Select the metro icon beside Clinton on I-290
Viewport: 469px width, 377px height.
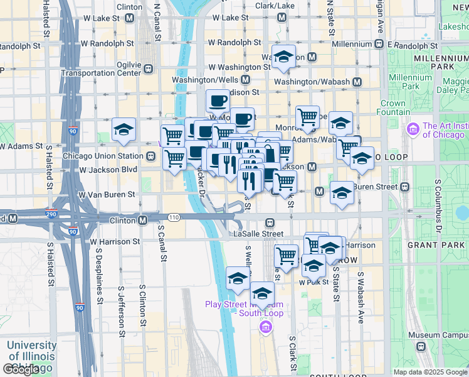pos(143,221)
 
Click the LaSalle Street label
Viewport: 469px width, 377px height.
pos(258,233)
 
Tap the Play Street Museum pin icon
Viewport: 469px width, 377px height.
pos(265,327)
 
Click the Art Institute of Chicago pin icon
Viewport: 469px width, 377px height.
pos(413,130)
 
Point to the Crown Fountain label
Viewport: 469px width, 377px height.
pos(393,107)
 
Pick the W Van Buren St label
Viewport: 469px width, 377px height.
pos(107,195)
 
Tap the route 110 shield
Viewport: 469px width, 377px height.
pos(174,217)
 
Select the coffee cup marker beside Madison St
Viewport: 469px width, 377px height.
pos(218,100)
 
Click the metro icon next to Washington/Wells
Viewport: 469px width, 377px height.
pos(245,80)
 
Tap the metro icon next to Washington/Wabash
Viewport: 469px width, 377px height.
pos(357,82)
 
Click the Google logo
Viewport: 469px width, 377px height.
pos(21,369)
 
